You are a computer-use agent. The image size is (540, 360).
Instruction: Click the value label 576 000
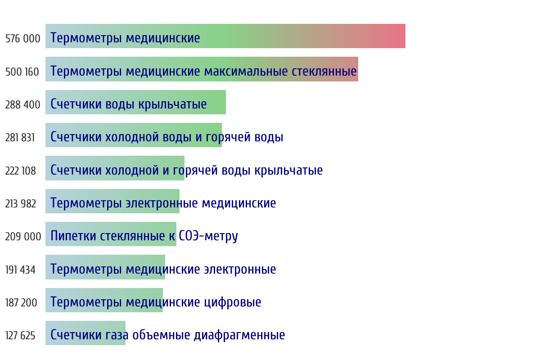point(22,39)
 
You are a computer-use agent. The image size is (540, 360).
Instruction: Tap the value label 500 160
point(22,72)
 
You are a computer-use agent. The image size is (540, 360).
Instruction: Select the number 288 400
point(22,105)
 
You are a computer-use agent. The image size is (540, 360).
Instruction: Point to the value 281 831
point(20,138)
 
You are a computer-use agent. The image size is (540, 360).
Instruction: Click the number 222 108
point(21,171)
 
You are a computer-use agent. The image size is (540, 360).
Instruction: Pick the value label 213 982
point(21,203)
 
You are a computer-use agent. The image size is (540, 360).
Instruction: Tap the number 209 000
point(23,237)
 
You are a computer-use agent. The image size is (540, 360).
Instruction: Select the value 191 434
point(20,270)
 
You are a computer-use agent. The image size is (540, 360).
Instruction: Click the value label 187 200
point(21,302)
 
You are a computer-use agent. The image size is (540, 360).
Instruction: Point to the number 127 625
point(20,335)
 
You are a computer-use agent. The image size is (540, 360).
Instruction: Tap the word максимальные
point(246,72)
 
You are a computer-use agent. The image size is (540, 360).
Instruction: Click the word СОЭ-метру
point(208,236)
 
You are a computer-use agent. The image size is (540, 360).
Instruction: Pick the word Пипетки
point(73,236)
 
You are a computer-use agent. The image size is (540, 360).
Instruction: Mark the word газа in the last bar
point(117,335)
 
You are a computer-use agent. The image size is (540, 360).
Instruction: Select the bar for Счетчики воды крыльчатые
point(135,102)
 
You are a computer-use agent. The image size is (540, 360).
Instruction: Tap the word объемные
point(161,335)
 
